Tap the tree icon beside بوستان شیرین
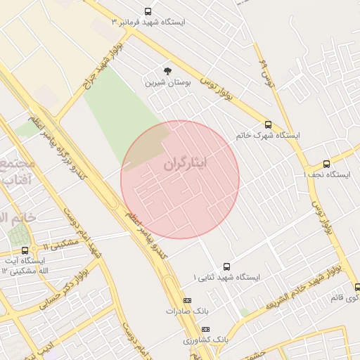[167, 71]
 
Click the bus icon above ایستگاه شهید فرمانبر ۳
[148, 11]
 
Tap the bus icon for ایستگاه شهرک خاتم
[268, 124]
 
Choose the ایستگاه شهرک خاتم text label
[268, 134]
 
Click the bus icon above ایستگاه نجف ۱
[326, 164]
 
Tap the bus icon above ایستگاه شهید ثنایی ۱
[226, 266]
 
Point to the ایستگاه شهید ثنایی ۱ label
[226, 277]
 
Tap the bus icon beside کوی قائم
[356, 287]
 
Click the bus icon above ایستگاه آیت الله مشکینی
[25, 250]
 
